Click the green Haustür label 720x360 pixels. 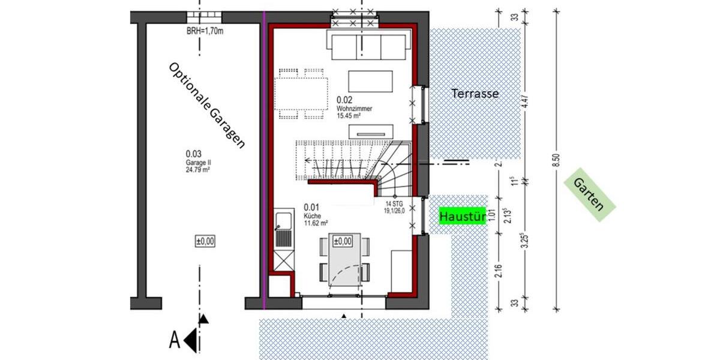[462, 215]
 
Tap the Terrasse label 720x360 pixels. [475, 94]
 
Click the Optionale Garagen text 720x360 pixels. [207, 106]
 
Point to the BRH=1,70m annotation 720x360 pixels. [205, 31]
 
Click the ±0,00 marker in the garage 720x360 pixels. [205, 242]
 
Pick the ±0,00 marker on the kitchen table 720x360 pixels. [341, 241]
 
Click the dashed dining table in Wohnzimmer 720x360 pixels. [302, 94]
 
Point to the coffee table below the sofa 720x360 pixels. [371, 82]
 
